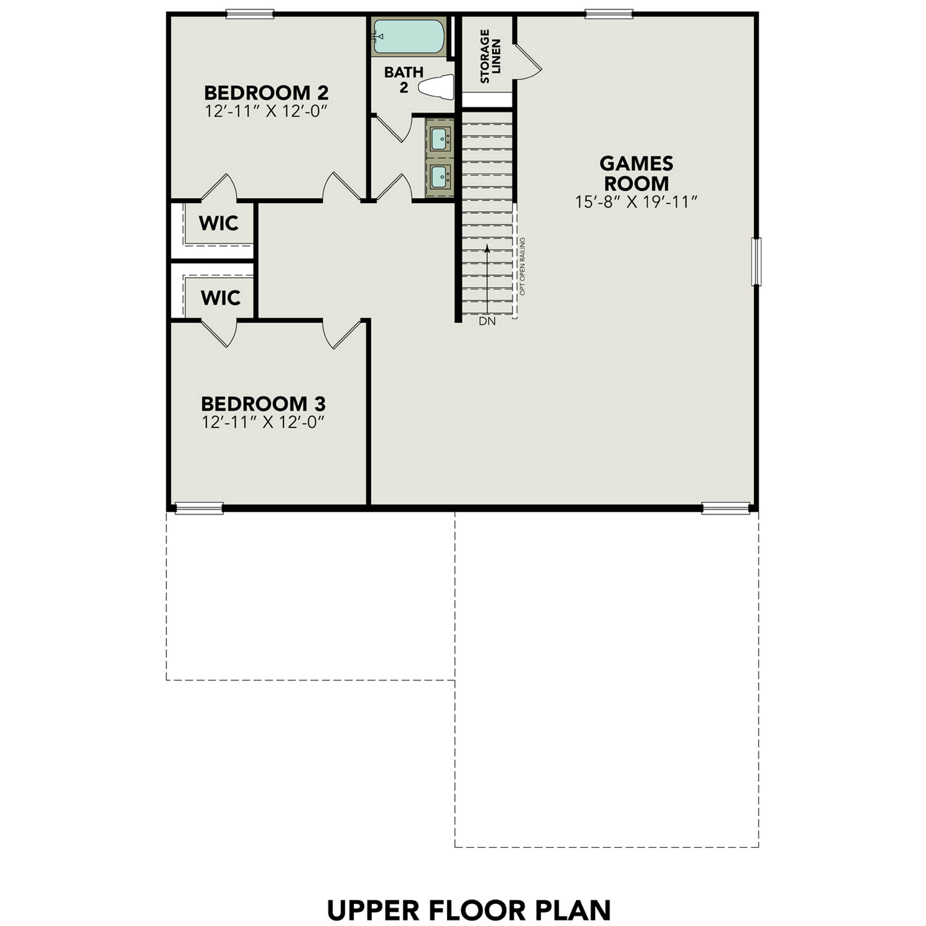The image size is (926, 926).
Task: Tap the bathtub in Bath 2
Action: tap(408, 36)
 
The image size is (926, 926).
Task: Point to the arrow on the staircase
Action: tap(487, 278)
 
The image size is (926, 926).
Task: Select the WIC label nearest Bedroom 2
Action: tap(218, 223)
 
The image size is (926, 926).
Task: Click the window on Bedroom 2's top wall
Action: tap(250, 14)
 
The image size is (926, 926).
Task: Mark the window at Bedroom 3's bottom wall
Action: tap(199, 508)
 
